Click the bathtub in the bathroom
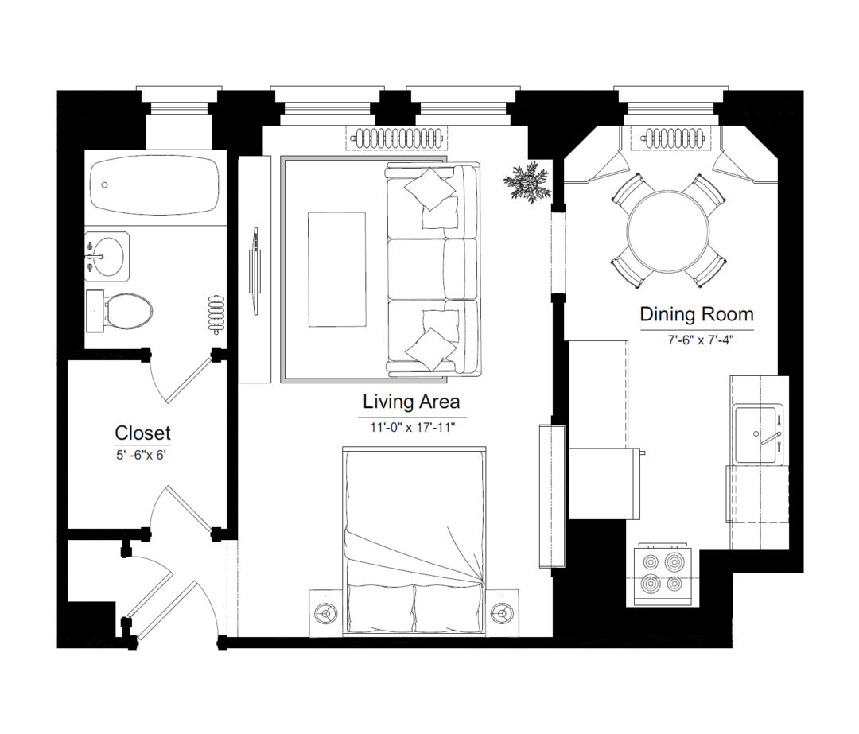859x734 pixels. [x=155, y=184]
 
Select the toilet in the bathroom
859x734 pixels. [x=119, y=311]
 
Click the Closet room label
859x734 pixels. [x=142, y=433]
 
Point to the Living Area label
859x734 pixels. [x=411, y=402]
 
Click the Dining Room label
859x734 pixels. [x=697, y=314]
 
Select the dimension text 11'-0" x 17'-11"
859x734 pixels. [x=413, y=427]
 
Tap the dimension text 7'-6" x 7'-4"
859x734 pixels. [x=700, y=340]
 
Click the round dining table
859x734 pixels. [x=668, y=231]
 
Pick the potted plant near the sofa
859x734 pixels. [x=527, y=182]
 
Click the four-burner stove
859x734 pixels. [x=663, y=574]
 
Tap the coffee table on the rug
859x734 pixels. [x=337, y=269]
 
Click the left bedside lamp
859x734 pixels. [x=327, y=613]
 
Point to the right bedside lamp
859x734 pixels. [x=501, y=613]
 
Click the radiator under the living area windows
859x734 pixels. [x=397, y=137]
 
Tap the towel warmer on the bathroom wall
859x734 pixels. [x=216, y=315]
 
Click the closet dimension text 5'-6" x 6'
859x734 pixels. [x=141, y=455]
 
